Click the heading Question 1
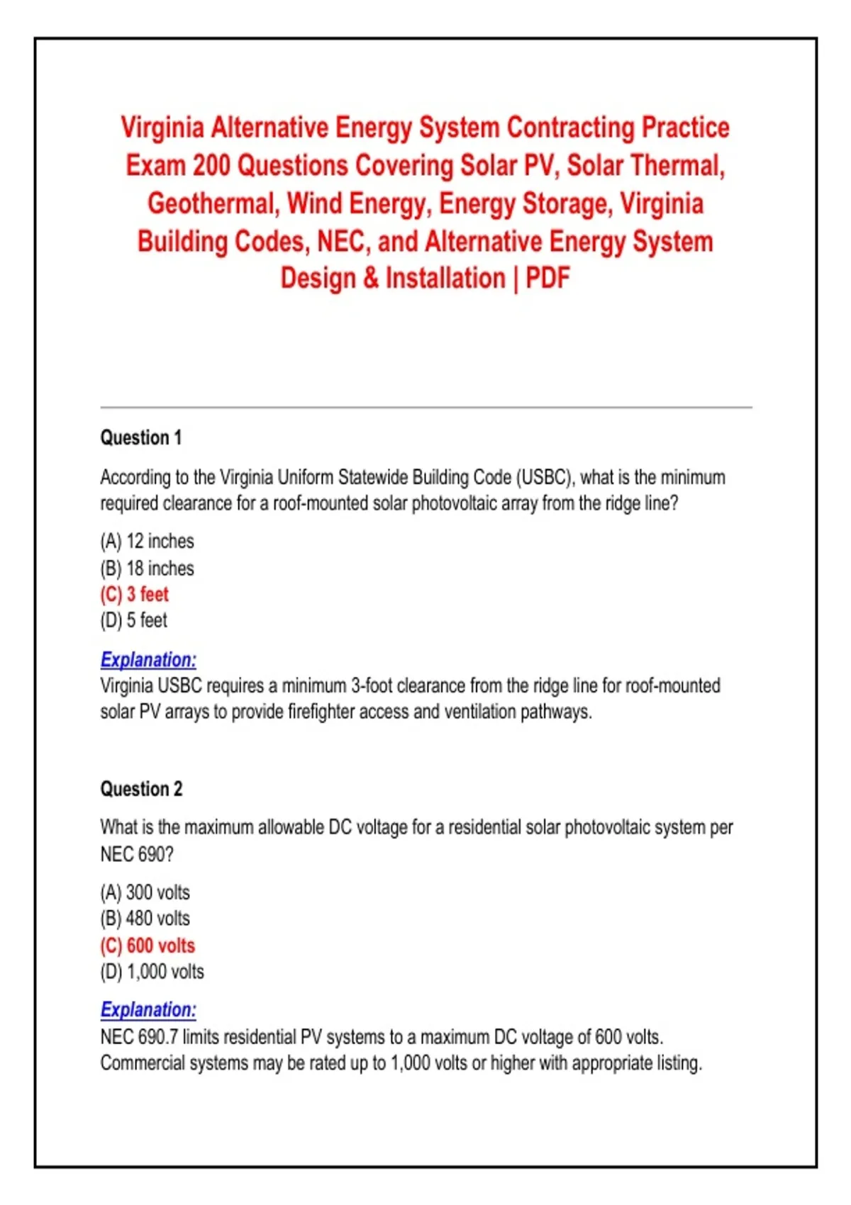click(x=141, y=437)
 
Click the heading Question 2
click(x=141, y=789)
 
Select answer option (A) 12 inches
click(x=147, y=541)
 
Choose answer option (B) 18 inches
click(x=147, y=568)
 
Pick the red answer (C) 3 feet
click(x=135, y=594)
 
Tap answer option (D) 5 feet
click(x=133, y=620)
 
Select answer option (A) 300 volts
click(x=145, y=892)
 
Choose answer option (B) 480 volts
click(x=145, y=918)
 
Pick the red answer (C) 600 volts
click(x=148, y=945)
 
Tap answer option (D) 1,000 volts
click(x=152, y=971)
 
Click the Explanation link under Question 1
click(x=148, y=659)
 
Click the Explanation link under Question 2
click(x=148, y=1009)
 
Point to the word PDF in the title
click(x=547, y=278)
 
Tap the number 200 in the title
click(x=211, y=165)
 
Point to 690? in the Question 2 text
click(x=155, y=854)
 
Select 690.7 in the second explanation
click(x=157, y=1037)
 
